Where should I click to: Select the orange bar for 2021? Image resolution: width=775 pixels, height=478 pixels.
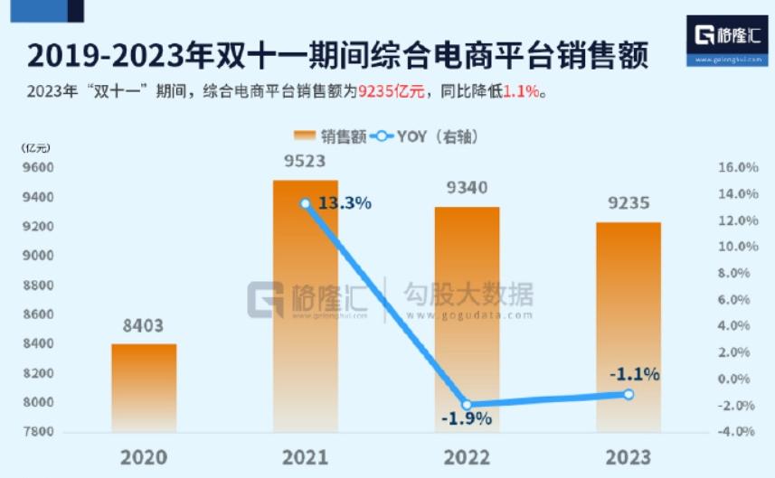click(306, 307)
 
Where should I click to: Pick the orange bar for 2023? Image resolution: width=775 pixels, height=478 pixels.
click(629, 325)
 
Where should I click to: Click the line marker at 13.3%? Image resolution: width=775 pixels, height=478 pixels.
click(306, 204)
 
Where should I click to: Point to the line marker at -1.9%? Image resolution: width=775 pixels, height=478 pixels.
click(468, 405)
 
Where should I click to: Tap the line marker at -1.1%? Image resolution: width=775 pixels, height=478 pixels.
click(629, 394)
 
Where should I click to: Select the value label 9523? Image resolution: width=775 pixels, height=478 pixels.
click(306, 163)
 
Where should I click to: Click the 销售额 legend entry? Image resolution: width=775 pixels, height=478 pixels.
click(331, 136)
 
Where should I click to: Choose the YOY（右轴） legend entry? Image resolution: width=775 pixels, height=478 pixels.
click(423, 136)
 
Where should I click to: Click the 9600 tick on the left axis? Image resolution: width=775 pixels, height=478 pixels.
click(37, 168)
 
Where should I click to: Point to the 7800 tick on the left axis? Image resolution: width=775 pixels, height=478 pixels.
click(37, 431)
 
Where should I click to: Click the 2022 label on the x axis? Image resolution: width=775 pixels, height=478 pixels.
click(467, 457)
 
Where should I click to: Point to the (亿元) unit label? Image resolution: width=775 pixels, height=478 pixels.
click(36, 146)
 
